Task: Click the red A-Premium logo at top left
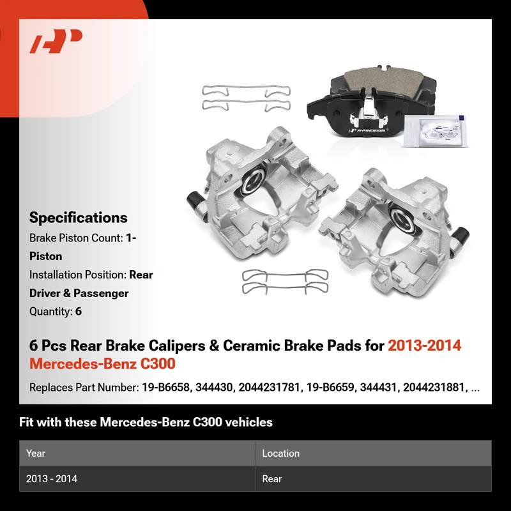(56, 41)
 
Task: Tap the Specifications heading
(78, 217)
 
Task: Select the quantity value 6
(79, 311)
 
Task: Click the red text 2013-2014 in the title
(424, 346)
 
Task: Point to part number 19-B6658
(165, 388)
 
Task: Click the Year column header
(36, 453)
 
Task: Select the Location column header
(280, 453)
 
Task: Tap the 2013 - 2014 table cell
(52, 478)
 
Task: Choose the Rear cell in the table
(272, 478)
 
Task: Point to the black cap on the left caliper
(195, 200)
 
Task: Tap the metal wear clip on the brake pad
(368, 110)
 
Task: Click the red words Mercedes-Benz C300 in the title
(102, 363)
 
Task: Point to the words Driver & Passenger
(79, 293)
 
